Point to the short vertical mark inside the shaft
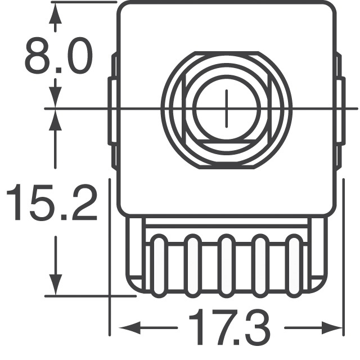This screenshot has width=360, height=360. [x=227, y=108]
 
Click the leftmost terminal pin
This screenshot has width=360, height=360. [x=158, y=265]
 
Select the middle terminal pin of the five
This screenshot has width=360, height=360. [x=226, y=265]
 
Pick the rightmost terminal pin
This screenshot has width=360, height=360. [x=294, y=265]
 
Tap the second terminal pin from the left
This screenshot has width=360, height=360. [x=192, y=265]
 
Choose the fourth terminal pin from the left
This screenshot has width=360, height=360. [x=260, y=265]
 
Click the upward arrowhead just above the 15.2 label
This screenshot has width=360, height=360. [x=55, y=121]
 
